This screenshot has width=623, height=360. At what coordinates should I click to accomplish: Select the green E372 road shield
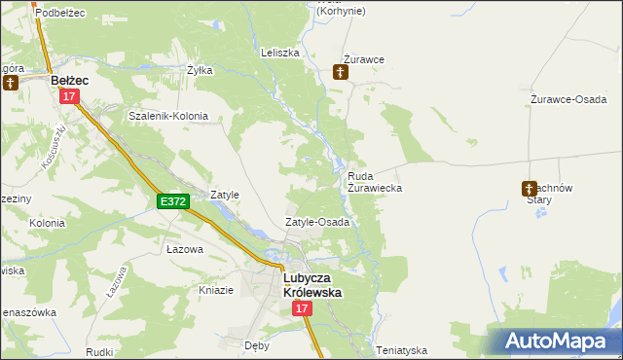coord(171,201)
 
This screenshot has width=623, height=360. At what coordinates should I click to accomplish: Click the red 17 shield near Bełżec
coord(68,96)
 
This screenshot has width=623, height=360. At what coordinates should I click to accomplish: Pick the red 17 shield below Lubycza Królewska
coord(301,308)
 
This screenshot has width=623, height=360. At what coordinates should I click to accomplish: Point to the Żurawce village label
coord(364,59)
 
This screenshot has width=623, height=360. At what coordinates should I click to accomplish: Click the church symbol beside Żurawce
coord(340,71)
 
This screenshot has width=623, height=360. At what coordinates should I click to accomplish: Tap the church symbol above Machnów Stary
coord(530,187)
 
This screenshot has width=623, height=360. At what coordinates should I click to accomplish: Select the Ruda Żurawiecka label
coord(375,181)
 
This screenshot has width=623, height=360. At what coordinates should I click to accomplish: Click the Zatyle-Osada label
coord(316,222)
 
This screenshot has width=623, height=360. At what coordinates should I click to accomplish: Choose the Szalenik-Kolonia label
coord(168,116)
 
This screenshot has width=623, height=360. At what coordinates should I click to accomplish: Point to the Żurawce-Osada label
coord(569,99)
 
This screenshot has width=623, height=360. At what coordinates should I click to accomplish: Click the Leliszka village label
coord(279,53)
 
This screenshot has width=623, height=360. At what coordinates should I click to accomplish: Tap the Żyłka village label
coord(199,70)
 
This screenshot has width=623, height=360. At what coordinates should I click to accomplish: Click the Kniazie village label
coord(216,289)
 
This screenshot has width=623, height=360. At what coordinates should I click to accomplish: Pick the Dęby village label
coord(256,344)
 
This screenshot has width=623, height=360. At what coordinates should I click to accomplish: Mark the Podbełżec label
coord(59,12)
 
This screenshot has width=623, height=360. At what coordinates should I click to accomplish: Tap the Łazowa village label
coord(184,249)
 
